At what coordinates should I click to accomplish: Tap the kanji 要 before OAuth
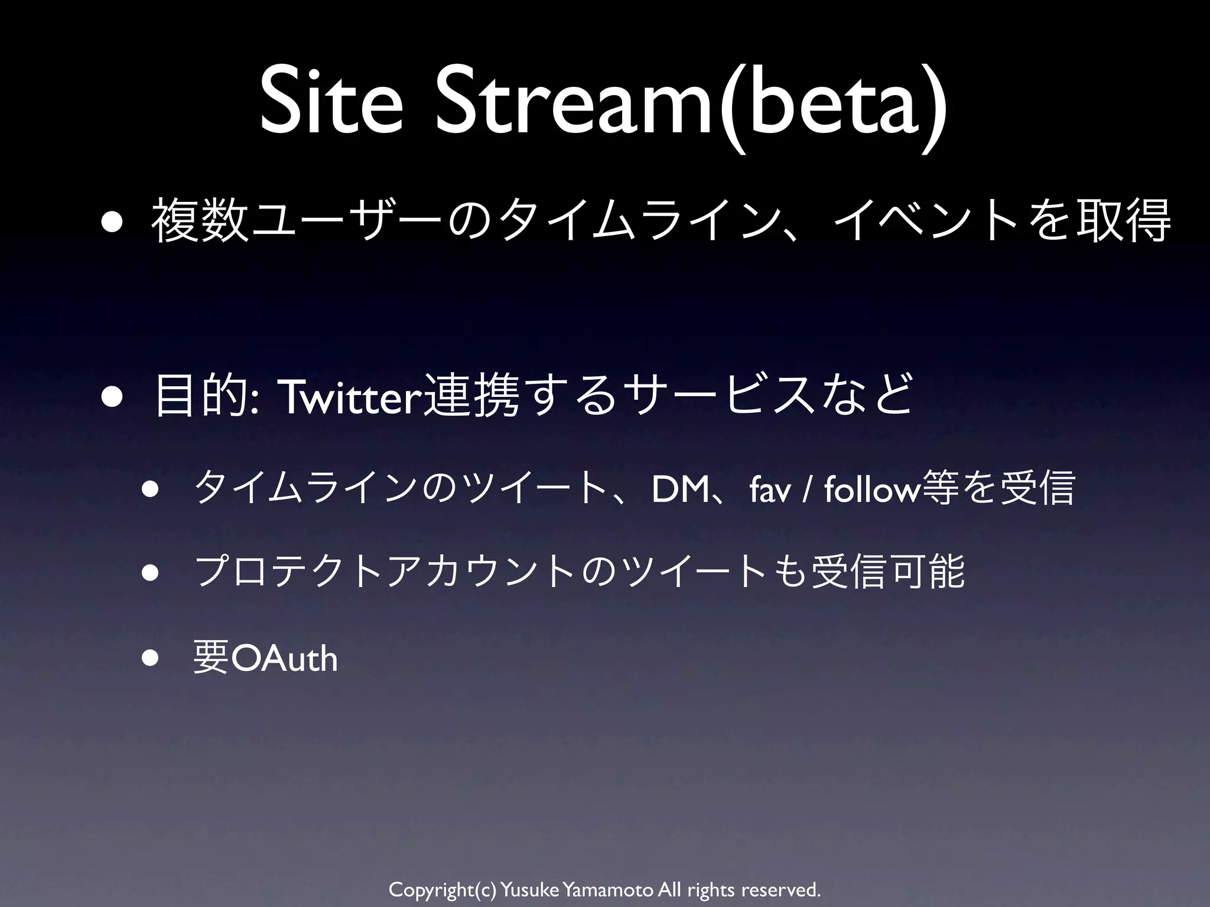[x=211, y=659]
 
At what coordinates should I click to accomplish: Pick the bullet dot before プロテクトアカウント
[x=150, y=575]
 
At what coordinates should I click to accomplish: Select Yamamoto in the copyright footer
[x=609, y=889]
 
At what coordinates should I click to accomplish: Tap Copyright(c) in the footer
[x=443, y=889]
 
